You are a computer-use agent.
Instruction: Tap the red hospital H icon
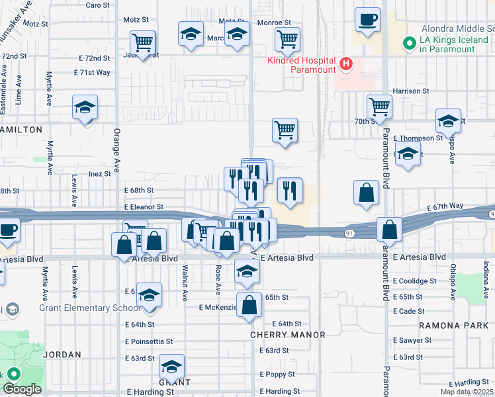(345, 64)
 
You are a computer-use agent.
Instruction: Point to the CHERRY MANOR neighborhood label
(287, 335)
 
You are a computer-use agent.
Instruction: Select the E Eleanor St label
(144, 207)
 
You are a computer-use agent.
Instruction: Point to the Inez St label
(99, 174)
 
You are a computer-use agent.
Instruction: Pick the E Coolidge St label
(414, 281)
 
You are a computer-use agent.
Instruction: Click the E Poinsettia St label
(149, 341)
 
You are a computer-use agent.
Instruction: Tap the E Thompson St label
(418, 138)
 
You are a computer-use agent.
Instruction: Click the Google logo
(22, 389)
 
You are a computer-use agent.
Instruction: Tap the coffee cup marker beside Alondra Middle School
(367, 19)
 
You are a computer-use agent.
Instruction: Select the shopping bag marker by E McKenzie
(249, 306)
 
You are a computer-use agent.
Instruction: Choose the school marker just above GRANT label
(172, 366)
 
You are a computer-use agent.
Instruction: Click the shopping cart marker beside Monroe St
(287, 39)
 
